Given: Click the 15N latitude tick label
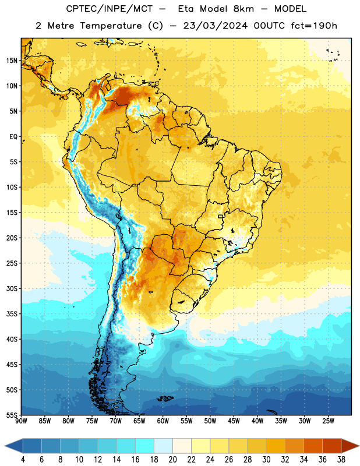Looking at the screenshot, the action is pos(12,61).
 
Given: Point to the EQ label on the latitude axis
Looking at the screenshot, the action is pos(13,137).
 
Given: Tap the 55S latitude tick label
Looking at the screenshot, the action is pos(12,415).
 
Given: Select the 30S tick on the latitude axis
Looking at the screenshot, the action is pos(12,288).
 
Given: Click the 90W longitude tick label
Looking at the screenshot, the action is pos(21,421).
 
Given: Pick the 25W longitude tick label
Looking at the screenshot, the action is pos(328,421).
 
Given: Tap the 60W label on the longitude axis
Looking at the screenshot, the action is pos(163,421).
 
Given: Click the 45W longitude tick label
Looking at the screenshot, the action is pos(234,421).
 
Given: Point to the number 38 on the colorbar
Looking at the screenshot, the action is pos(341,460).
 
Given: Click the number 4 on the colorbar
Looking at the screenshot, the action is pos(23,460).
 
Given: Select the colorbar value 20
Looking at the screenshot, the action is pos(172,460).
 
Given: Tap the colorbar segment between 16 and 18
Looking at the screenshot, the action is pos(145,446).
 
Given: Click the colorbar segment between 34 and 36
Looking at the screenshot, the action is pos(313,446).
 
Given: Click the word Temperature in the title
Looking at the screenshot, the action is pos(111,26).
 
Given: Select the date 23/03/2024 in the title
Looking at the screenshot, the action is pos(215,26).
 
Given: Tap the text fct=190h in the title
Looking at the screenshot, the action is pos(314,26).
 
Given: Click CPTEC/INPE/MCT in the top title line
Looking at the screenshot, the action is pos(109,9).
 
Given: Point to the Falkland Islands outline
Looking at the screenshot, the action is pos(165,398).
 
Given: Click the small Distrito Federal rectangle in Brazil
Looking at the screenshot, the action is pos(221,216).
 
